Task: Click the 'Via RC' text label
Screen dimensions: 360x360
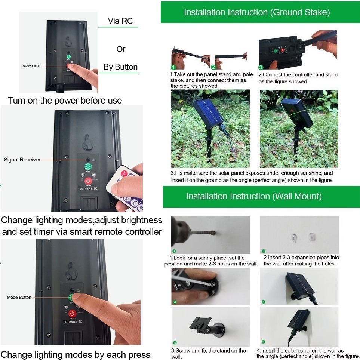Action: [120, 21]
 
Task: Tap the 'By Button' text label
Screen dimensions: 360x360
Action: [120, 67]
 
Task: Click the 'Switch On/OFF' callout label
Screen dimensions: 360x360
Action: [33, 66]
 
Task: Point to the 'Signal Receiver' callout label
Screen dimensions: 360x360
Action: [22, 160]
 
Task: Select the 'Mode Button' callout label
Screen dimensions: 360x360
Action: [19, 297]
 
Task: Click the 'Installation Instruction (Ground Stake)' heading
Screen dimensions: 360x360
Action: [257, 12]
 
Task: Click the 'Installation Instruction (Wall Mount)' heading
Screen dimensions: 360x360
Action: [254, 196]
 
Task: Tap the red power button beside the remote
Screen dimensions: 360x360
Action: [88, 181]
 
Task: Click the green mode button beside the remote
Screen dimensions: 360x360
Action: [88, 167]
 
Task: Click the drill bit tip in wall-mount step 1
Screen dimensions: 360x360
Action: [213, 233]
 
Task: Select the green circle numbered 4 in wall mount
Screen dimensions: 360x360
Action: [175, 343]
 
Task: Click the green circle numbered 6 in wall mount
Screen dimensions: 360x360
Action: [263, 342]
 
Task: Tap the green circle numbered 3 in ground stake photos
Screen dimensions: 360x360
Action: [261, 67]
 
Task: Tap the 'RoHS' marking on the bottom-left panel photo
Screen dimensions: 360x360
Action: [73, 322]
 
